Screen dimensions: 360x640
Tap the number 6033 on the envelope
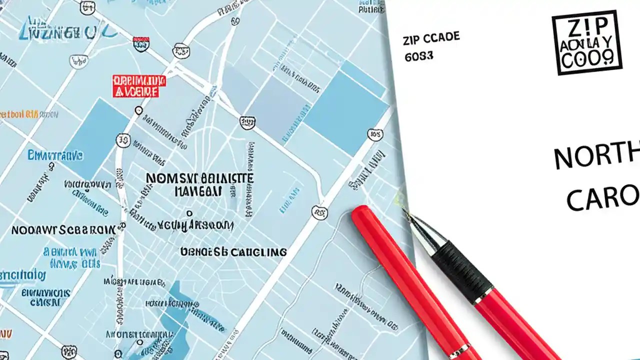[x=418, y=56]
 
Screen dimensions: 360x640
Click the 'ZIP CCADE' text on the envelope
[x=430, y=38]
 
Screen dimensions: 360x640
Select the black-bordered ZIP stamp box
[x=586, y=43]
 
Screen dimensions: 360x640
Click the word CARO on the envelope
[x=602, y=197]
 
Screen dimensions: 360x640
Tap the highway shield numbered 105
[x=374, y=134]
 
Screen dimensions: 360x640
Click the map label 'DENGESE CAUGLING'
[x=233, y=251]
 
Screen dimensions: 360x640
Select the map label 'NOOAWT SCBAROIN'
[x=63, y=230]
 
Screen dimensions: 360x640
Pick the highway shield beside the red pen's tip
[x=319, y=212]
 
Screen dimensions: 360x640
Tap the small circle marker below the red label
[x=139, y=110]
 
